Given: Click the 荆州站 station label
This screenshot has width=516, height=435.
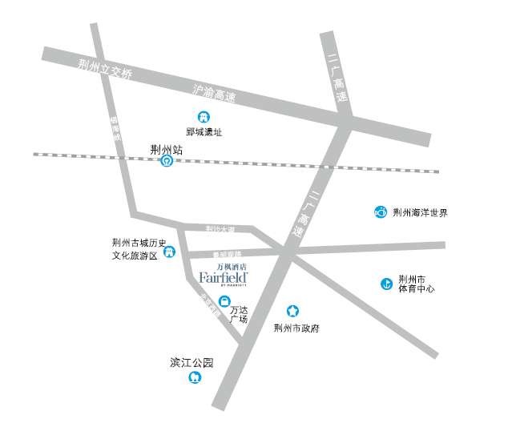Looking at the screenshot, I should (x=167, y=148).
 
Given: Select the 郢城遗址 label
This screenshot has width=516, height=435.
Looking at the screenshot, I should (x=204, y=132).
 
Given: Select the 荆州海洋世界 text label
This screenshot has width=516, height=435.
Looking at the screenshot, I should (x=420, y=213).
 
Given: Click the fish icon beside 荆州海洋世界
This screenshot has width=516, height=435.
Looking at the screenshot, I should (x=381, y=212).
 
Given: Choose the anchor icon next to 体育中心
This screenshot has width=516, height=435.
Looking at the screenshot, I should (x=385, y=283).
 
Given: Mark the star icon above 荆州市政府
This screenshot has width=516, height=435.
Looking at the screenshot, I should (x=293, y=311).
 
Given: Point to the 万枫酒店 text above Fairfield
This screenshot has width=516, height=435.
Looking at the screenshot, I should (x=232, y=265).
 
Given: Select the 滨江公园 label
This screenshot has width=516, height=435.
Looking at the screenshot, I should (x=192, y=363).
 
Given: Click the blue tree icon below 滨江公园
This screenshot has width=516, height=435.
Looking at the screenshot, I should (x=193, y=377).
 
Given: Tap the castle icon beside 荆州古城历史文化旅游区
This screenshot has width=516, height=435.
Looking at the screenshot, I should (x=170, y=252).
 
